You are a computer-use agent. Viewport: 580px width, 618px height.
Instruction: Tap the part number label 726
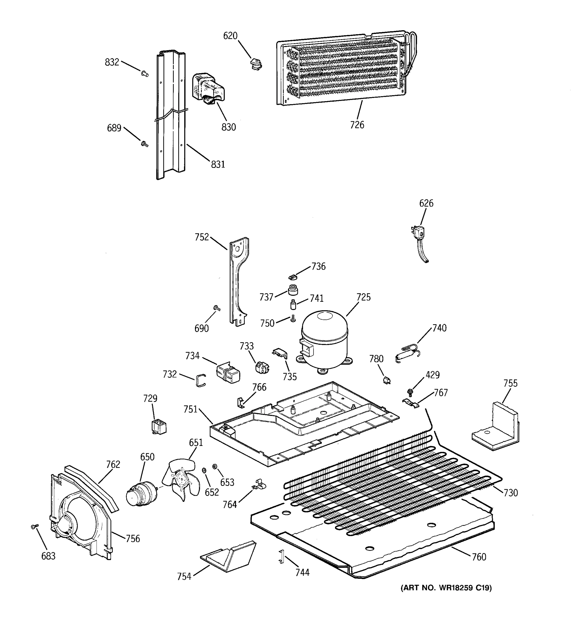coord(357,125)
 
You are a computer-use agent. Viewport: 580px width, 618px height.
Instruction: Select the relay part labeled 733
coord(262,368)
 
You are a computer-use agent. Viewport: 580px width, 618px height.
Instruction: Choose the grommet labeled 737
coord(293,290)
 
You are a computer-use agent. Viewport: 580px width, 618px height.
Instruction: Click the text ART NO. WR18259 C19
coord(446,588)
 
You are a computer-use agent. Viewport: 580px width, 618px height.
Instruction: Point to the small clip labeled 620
coord(256,64)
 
